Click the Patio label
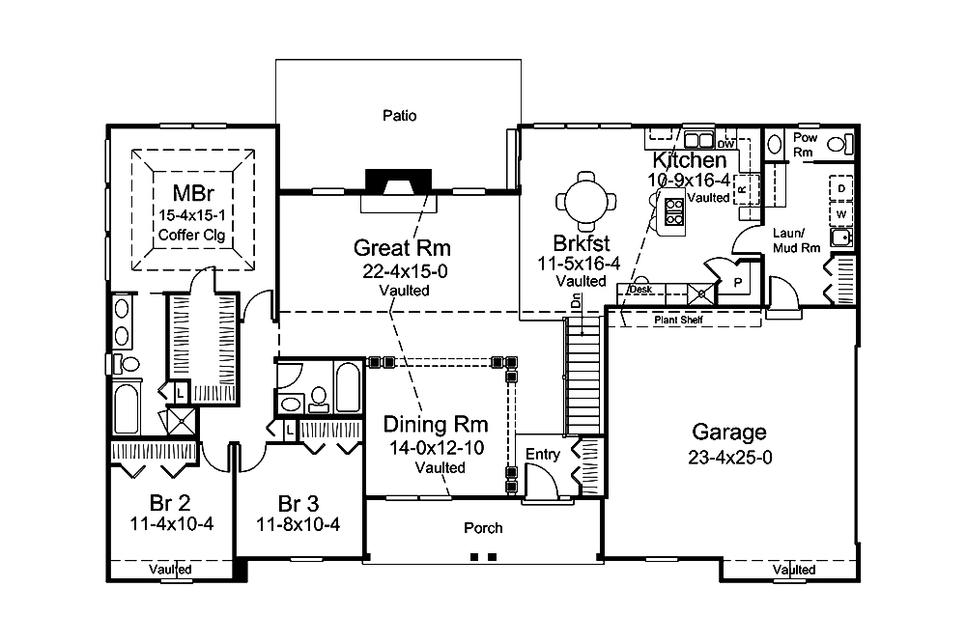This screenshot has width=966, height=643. coord(399,116)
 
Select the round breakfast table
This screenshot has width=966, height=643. coord(585,200)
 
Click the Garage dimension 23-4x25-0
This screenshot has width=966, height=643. coord(728,458)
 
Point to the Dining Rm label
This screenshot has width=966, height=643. coord(435,424)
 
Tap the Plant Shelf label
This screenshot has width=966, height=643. coord(676,320)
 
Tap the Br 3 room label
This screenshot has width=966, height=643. coord(298,503)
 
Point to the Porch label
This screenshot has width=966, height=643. coord(482,528)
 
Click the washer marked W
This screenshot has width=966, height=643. coord(841,212)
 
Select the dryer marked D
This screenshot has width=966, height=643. coord(841,187)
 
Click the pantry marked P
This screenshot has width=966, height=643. coord(737,282)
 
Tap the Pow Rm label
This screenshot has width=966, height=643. coord(805,145)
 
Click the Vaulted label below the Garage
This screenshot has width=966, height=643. coord(793,571)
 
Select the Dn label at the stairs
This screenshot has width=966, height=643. coord(576,301)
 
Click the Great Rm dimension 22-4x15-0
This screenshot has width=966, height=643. coord(403,271)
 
